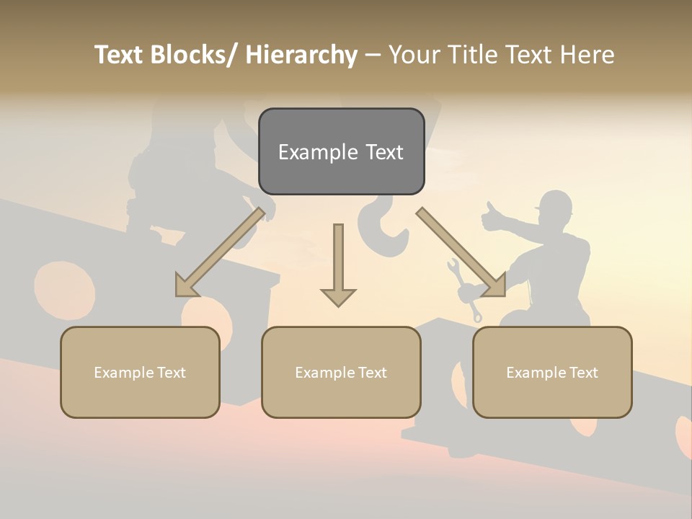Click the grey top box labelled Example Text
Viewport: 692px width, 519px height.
pyautogui.click(x=341, y=151)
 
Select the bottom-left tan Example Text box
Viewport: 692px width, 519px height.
pyautogui.click(x=140, y=372)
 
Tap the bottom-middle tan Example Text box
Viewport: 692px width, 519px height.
pyautogui.click(x=341, y=372)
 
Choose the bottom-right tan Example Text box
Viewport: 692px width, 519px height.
pyautogui.click(x=552, y=372)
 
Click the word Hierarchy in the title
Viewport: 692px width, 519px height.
pyautogui.click(x=301, y=55)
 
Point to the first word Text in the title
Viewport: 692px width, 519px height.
pyautogui.click(x=120, y=55)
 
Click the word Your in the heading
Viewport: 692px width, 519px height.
pyautogui.click(x=412, y=55)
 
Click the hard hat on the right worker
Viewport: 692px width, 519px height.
pyautogui.click(x=555, y=203)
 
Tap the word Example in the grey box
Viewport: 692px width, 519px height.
pyautogui.click(x=308, y=152)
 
